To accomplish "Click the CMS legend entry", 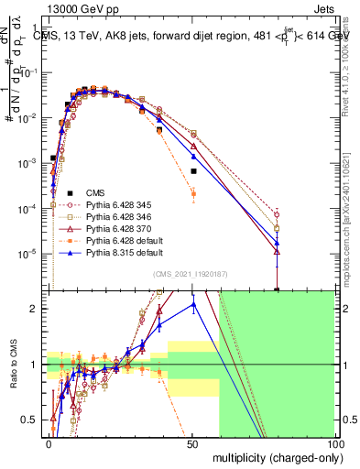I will point(95,192).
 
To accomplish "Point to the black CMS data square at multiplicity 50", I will point(193,171).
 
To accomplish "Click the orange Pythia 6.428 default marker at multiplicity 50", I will point(193,193).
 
